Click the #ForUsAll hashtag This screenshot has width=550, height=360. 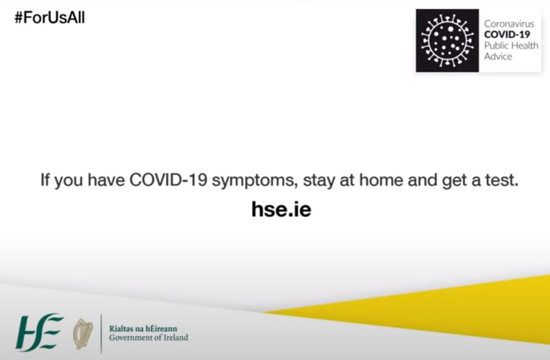click(50, 18)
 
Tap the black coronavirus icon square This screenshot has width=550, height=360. click(447, 40)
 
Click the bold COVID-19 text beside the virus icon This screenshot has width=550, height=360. click(507, 35)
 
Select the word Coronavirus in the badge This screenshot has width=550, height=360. click(509, 24)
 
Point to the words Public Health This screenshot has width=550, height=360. click(511, 46)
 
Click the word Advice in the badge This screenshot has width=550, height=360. click(498, 56)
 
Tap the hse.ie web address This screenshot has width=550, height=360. click(281, 209)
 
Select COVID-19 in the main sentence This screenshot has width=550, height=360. click(168, 179)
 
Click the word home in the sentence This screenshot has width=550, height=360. click(381, 179)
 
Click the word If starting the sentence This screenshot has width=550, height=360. click(45, 179)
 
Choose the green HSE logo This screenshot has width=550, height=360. click(39, 332)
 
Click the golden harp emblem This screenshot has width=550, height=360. click(83, 334)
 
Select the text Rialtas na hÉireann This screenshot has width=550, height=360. click(143, 329)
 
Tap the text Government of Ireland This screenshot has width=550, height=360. click(149, 338)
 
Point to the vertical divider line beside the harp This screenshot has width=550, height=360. click(101, 333)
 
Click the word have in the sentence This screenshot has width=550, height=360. click(106, 179)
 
